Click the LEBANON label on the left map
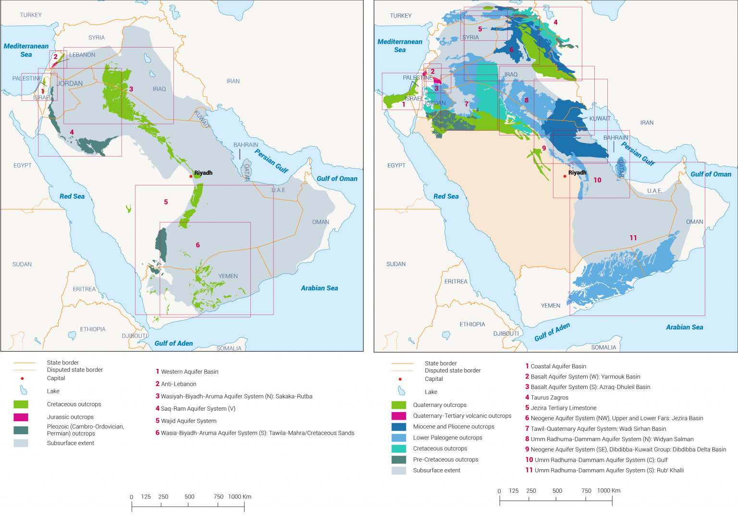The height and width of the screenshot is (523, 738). click(x=82, y=55)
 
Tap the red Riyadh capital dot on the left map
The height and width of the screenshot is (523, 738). click(x=191, y=176)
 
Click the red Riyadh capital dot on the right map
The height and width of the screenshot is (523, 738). click(x=565, y=176)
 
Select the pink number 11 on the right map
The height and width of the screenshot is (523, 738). click(x=633, y=238)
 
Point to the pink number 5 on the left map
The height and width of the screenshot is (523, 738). click(x=166, y=202)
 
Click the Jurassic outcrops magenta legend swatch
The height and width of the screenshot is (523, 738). click(x=21, y=417)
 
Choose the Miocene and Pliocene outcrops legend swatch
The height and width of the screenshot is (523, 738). click(x=399, y=426)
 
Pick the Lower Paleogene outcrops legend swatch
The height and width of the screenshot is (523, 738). click(x=399, y=438)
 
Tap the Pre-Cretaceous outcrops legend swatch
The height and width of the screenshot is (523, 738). click(x=399, y=460)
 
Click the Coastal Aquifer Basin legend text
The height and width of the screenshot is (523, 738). click(x=558, y=366)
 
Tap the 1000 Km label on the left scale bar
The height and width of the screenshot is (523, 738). click(x=239, y=497)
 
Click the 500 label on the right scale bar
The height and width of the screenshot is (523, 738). click(x=557, y=491)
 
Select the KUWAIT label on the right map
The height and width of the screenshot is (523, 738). click(x=600, y=119)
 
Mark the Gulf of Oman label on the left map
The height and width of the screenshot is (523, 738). click(x=337, y=179)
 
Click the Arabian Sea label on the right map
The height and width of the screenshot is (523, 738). click(x=684, y=327)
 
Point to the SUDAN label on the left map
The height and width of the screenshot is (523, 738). click(x=22, y=265)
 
